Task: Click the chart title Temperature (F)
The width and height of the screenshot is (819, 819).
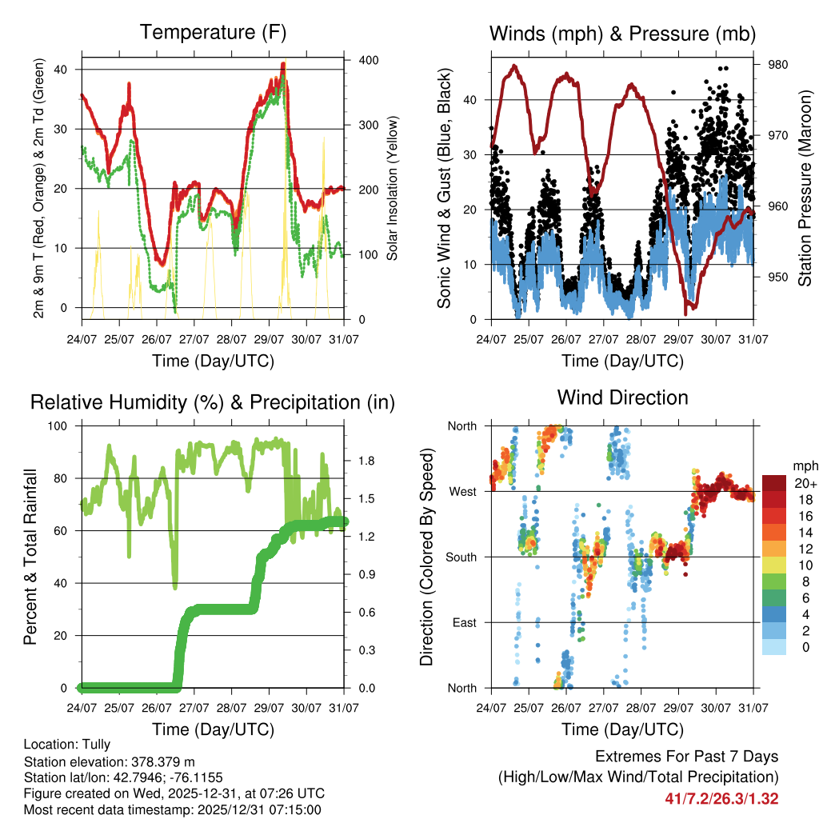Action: click(213, 33)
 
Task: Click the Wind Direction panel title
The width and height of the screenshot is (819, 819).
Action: click(622, 398)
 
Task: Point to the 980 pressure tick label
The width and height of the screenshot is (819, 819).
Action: click(778, 65)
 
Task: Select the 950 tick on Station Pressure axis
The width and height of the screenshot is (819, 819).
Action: click(778, 278)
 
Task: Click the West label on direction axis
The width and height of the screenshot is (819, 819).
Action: click(461, 491)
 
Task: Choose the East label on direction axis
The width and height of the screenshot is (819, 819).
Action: click(463, 622)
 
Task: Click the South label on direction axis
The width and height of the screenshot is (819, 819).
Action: click(461, 557)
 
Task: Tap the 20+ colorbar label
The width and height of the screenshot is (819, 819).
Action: click(805, 483)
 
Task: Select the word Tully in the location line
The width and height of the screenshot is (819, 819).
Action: click(96, 744)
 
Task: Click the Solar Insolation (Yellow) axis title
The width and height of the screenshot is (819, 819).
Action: click(393, 188)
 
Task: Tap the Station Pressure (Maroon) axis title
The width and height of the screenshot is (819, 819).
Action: click(805, 188)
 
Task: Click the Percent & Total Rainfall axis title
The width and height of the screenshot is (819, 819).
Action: click(30, 557)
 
